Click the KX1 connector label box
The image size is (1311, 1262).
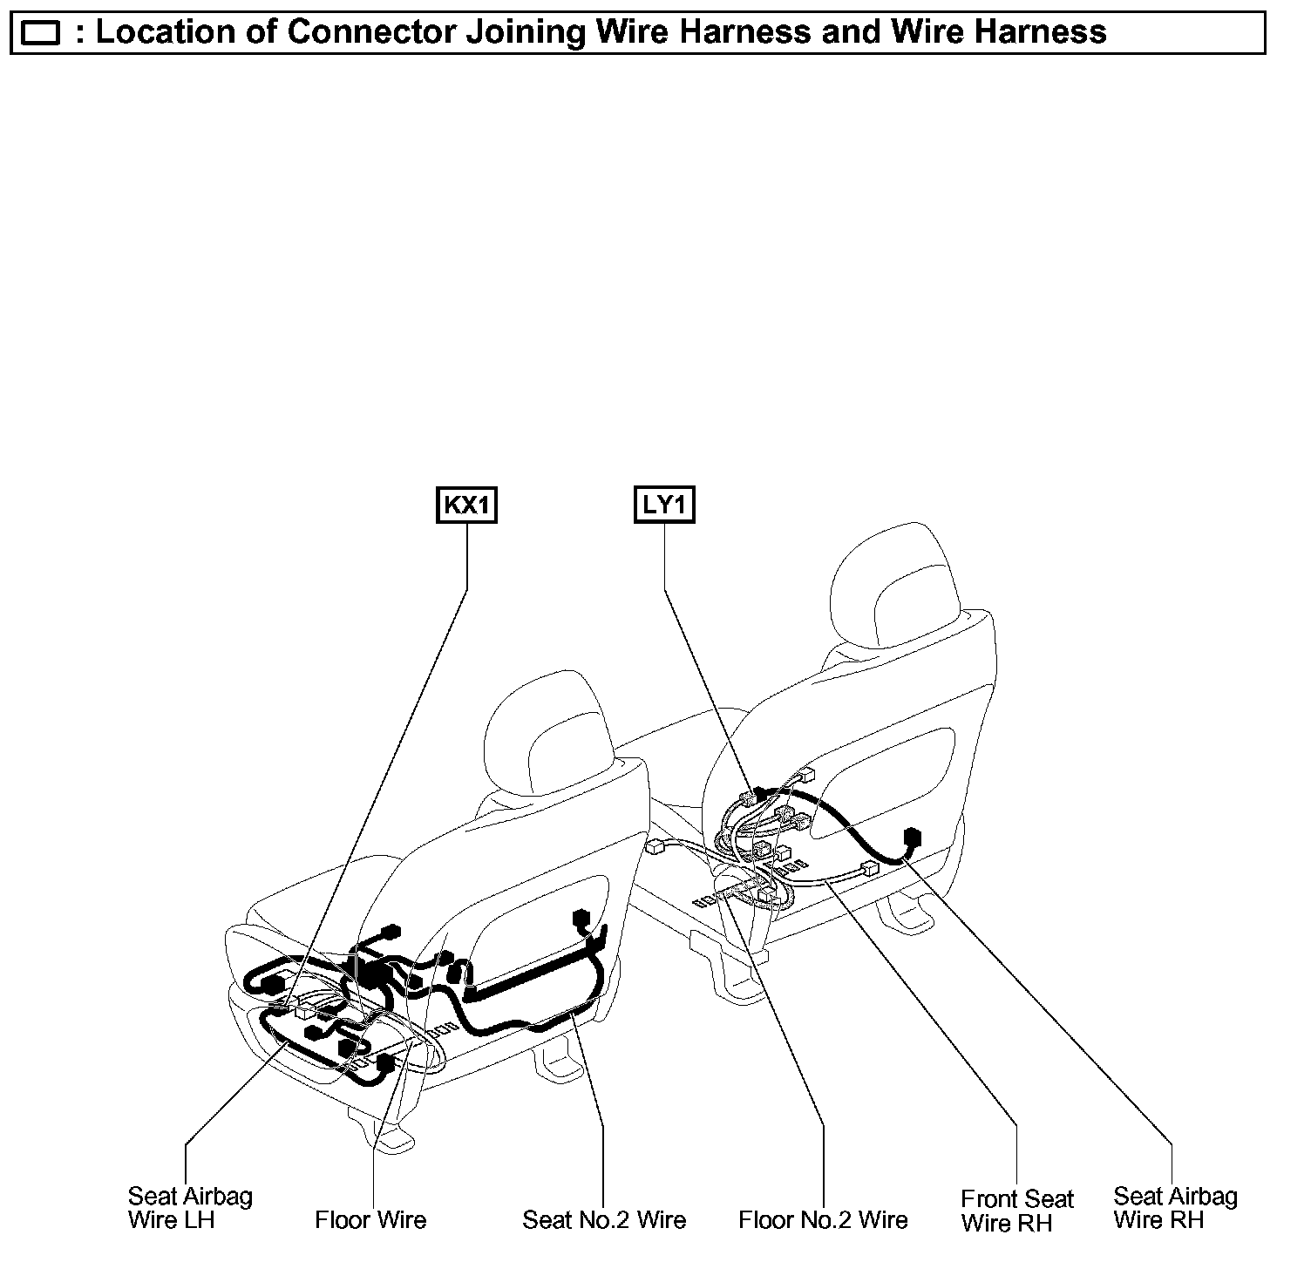tap(466, 506)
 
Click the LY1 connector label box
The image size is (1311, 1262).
tap(664, 506)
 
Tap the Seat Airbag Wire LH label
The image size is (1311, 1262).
tap(190, 1208)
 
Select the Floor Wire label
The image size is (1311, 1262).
tap(370, 1219)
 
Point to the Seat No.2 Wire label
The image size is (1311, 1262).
tap(604, 1219)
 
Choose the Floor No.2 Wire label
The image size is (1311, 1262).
tap(823, 1219)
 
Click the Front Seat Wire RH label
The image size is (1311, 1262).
tap(1017, 1211)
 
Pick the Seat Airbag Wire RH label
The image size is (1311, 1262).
tap(1175, 1208)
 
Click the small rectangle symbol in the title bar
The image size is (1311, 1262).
tap(40, 33)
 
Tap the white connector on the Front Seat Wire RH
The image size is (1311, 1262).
tap(867, 869)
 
